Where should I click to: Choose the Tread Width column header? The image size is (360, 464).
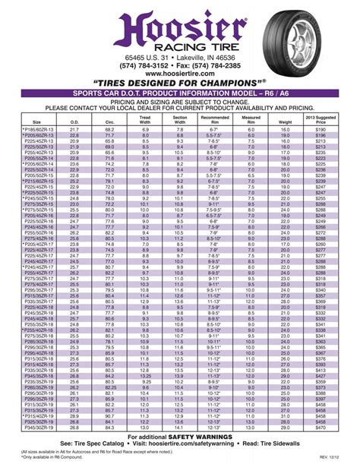coord(145,118)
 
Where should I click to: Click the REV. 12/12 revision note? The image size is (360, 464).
coord(341,456)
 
